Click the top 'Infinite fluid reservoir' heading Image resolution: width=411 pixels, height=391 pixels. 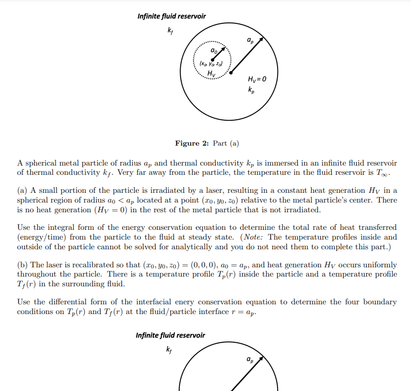[171, 17]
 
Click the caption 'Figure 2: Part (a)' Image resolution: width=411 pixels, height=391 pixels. [207, 143]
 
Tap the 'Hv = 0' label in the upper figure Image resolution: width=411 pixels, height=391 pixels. [257, 79]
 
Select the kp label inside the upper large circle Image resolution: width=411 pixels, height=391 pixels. [250, 90]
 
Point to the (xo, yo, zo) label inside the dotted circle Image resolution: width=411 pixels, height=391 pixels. [211, 63]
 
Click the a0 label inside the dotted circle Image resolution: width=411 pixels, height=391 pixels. [214, 50]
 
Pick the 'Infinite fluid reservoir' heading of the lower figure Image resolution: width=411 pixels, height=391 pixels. [170, 335]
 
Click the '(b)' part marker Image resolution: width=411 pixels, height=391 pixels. [22, 265]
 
